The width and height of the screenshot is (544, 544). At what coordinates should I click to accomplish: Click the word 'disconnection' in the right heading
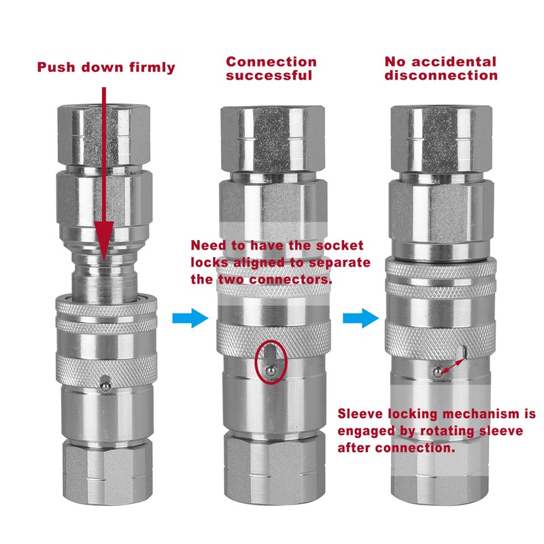click(441, 75)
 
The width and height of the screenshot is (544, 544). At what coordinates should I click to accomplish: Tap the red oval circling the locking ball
click(270, 360)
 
